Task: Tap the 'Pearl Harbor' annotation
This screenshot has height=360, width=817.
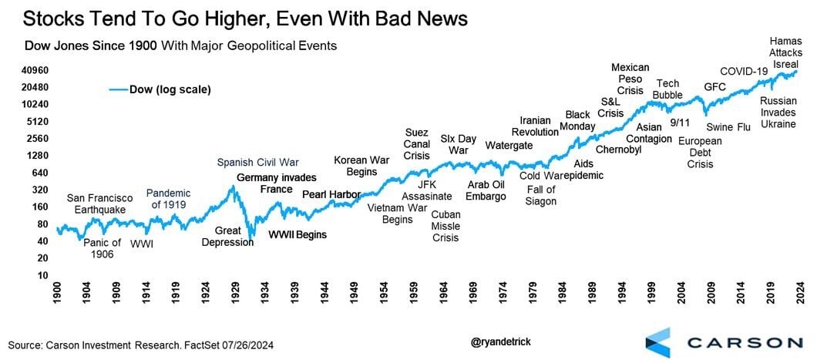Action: point(328,194)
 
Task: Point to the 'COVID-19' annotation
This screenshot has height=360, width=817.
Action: point(744,72)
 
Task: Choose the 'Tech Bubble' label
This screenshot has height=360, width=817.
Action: point(667,89)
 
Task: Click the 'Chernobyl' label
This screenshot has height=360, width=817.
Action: point(619,150)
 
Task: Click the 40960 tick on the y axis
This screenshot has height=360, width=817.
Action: point(35,70)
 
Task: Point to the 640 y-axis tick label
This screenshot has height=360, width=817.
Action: point(39,173)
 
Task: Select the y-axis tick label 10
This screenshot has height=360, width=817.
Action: point(42,275)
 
